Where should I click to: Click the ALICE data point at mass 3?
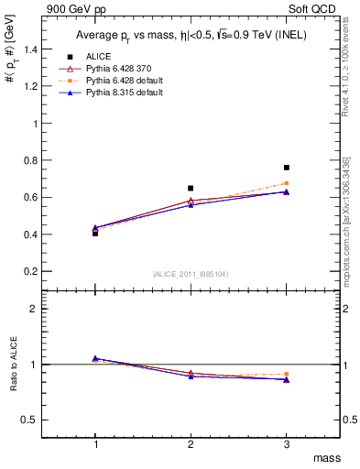pos(287,168)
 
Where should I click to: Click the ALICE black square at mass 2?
pos(191,188)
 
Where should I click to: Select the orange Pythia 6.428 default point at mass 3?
pos(287,183)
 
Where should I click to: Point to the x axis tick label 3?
pos(287,443)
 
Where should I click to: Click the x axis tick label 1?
pos(95,443)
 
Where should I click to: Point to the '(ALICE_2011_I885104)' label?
pos(191,274)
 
